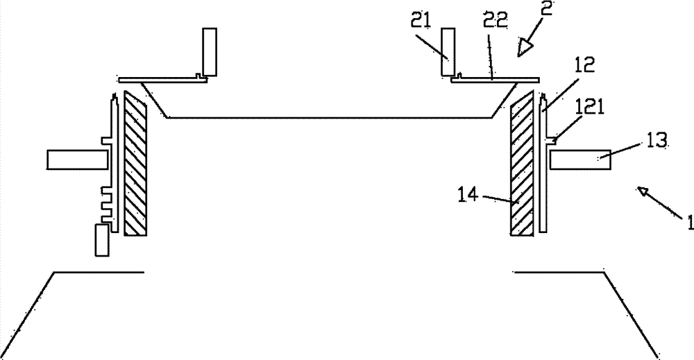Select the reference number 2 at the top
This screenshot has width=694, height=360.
(547, 8)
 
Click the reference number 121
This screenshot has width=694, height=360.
(589, 108)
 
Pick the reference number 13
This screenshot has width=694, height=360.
(657, 141)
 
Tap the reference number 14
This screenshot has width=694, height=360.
(468, 195)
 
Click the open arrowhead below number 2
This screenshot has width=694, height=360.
(525, 47)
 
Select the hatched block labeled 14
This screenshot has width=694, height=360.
(523, 163)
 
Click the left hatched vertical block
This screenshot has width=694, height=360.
(135, 163)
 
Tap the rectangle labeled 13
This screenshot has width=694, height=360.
(580, 160)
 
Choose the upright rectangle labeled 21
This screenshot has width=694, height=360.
(448, 52)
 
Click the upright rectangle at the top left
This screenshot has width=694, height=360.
(210, 52)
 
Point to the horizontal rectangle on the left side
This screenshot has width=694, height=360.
(78, 160)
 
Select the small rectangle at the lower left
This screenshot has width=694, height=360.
(102, 240)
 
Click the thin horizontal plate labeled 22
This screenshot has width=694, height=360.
(496, 80)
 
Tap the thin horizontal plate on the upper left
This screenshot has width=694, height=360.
(163, 80)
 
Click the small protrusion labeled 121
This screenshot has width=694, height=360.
(552, 140)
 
